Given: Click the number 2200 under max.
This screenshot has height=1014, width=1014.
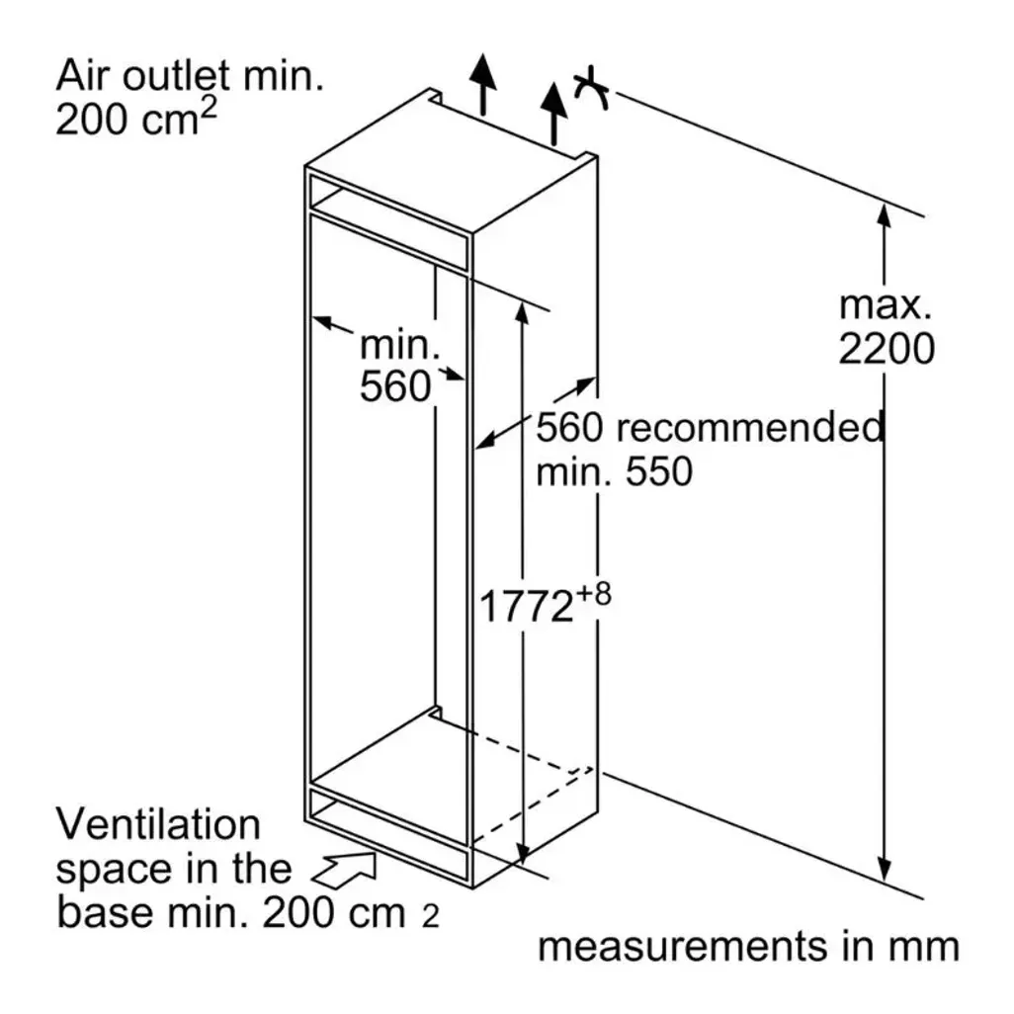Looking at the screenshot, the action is (887, 349).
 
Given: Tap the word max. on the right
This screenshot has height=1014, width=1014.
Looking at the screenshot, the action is (886, 306).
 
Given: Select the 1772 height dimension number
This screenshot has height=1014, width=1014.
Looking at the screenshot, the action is (527, 607).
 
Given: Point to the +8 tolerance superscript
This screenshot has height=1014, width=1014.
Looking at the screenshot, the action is (594, 594).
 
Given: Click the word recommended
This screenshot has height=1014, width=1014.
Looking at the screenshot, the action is (749, 428).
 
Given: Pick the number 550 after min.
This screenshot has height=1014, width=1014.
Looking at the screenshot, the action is (659, 471).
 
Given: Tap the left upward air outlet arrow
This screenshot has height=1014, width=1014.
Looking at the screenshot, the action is (482, 85).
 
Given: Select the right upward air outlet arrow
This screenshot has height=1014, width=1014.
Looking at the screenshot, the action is (553, 114).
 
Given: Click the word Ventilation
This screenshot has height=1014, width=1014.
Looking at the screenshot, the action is (158, 824).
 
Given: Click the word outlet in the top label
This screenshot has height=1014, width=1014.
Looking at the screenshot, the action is (176, 76).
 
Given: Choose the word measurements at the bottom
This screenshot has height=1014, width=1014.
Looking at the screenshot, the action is (683, 947).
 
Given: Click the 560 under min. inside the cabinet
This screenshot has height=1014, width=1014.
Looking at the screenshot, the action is (395, 386).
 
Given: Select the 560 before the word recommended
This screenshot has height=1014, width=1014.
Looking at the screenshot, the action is (569, 428).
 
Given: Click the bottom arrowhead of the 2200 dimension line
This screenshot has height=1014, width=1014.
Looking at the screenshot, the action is (885, 870).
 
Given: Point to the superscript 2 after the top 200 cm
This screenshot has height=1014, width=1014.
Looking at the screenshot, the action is (209, 110).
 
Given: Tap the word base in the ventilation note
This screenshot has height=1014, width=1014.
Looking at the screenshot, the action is (106, 912).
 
